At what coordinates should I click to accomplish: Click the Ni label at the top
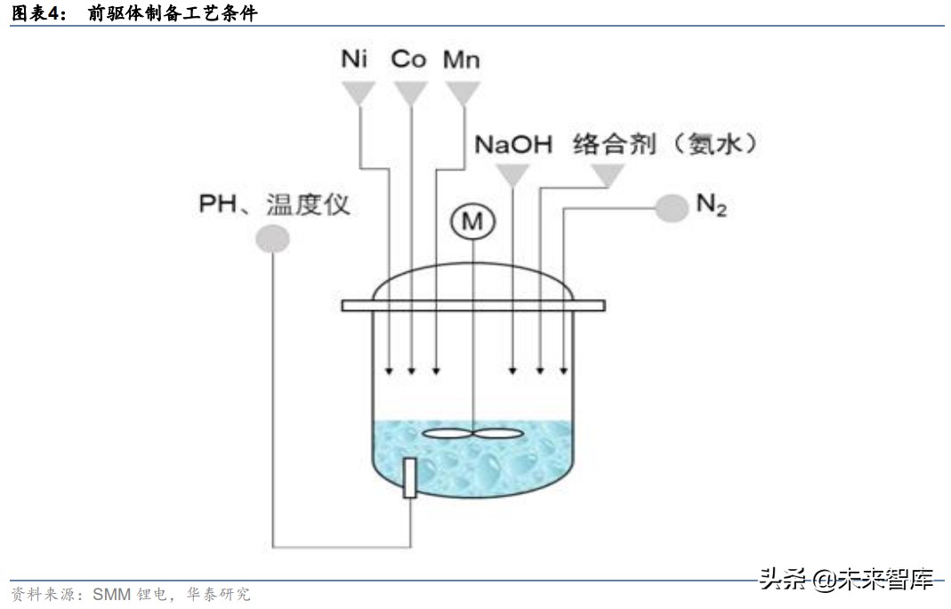tap(355, 60)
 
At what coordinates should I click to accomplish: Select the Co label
tap(408, 60)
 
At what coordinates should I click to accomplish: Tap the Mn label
tap(462, 60)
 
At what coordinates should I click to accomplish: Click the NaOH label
tap(513, 144)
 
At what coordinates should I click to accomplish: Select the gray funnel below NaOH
tap(512, 176)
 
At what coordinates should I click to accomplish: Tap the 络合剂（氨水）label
tap(666, 144)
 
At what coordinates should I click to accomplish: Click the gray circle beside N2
tap(673, 207)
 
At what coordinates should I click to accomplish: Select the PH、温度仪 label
tap(274, 206)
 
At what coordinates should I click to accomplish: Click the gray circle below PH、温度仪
tap(272, 238)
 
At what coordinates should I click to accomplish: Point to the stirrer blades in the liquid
tap(472, 435)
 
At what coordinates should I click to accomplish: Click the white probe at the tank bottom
tap(409, 477)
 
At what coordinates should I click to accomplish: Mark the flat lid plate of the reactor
tap(473, 305)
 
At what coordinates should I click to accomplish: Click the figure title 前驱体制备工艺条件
tap(173, 13)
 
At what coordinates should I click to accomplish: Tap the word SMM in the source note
tap(110, 594)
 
